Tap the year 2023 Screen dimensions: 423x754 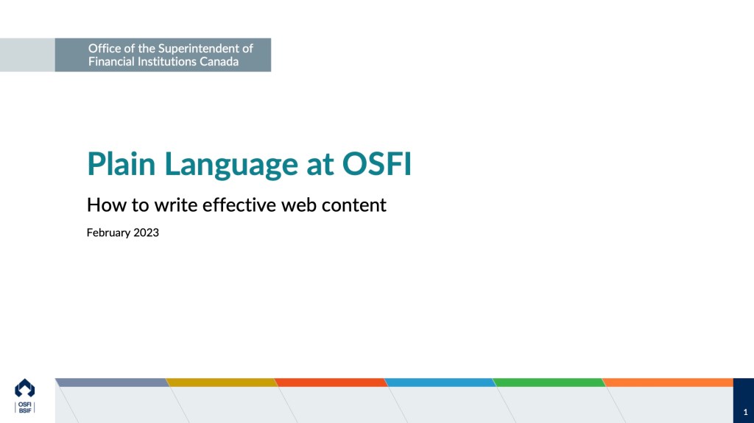tap(147, 232)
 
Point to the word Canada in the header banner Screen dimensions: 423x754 tap(219, 62)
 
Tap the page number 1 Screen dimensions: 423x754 tap(745, 412)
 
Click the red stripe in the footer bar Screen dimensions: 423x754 tap(331, 383)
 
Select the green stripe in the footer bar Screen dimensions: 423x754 tap(549, 383)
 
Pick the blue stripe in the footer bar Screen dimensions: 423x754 tap(440, 383)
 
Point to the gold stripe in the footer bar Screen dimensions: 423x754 tap(222, 383)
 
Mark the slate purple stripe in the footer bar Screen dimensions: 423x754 tap(113, 383)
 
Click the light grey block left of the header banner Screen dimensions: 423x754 tap(27, 55)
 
